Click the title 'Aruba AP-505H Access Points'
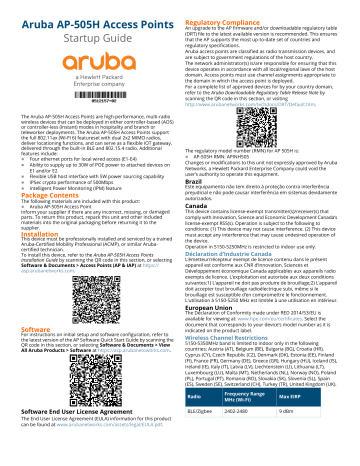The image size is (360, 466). pyautogui.click(x=87, y=11)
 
